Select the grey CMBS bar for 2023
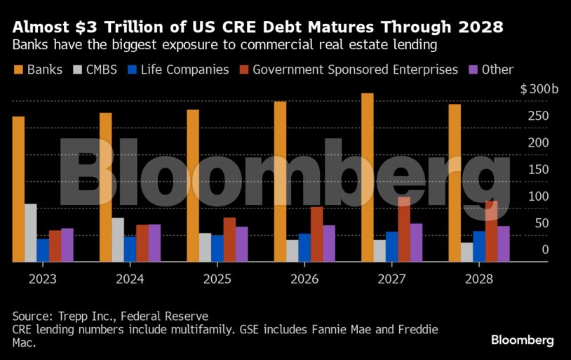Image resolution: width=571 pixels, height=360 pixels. tap(30, 232)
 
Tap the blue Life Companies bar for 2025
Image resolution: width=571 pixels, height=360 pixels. tap(217, 248)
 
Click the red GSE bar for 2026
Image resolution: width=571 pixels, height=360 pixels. tap(317, 234)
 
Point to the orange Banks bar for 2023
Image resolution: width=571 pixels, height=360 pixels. tap(18, 189)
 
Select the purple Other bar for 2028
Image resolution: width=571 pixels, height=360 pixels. tap(504, 244)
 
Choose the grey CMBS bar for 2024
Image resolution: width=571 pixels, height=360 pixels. tap(118, 239)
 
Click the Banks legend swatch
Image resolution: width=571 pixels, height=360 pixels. tap(18, 69)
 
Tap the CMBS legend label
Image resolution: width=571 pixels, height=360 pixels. tap(103, 69)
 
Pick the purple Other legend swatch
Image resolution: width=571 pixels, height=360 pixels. tap(473, 69)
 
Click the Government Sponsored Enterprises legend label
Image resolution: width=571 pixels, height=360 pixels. tap(355, 69)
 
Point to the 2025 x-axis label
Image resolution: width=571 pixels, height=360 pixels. tap(217, 279)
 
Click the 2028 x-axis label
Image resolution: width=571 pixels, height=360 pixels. tap(478, 279)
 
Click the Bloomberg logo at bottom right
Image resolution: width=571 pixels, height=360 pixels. tap(522, 340)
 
